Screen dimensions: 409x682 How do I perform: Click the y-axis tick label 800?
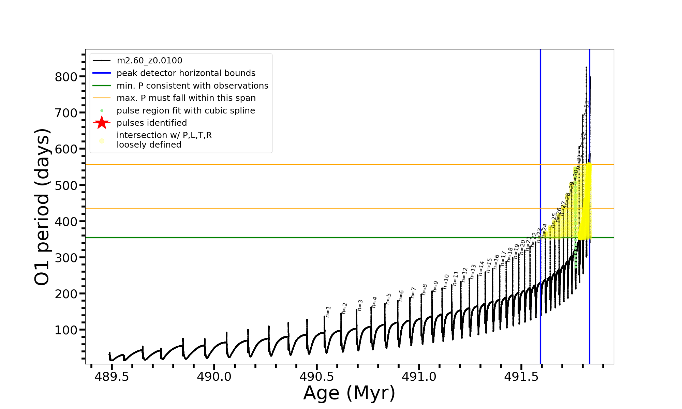coord(66,77)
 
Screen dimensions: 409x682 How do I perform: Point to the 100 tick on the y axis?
coord(66,330)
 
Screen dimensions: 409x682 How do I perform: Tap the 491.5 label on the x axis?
coord(521,377)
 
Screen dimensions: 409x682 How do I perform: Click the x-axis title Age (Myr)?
coord(349,393)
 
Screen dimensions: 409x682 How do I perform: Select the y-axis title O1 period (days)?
coord(42,207)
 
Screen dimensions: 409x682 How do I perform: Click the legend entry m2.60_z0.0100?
coord(149,61)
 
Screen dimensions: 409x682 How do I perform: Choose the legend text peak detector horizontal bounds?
coord(186,73)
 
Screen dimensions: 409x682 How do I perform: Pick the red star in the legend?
coord(102,123)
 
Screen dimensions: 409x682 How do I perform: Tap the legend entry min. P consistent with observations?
coord(192,86)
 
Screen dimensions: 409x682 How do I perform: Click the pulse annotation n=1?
coord(328,312)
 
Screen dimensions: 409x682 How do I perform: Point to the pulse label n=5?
coord(388,299)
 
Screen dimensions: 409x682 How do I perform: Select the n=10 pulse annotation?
coord(446,282)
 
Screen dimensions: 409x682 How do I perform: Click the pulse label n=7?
coord(413,292)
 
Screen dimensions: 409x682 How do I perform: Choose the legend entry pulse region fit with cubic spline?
coord(186,111)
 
